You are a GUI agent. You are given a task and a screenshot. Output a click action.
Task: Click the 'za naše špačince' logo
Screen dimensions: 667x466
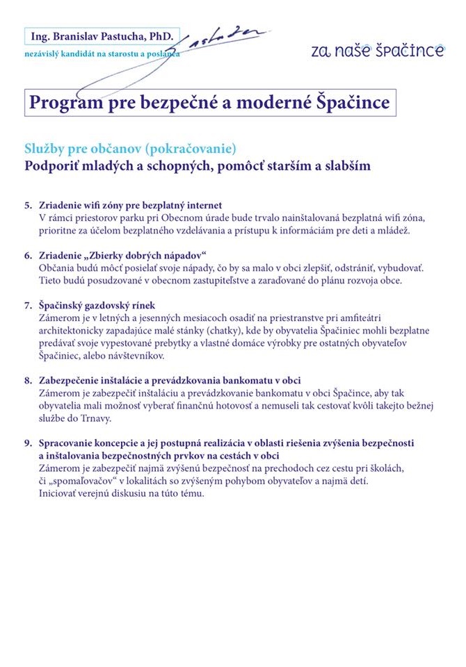click(x=378, y=50)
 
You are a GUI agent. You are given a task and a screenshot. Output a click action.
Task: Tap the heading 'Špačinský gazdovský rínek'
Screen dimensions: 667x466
click(x=97, y=305)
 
